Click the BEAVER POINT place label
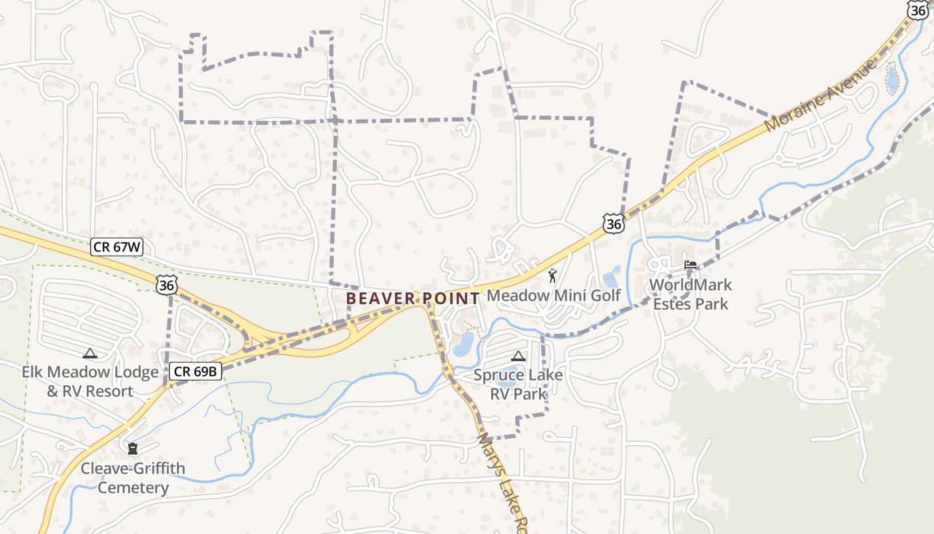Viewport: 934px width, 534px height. click(413, 298)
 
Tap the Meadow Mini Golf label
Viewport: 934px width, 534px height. click(554, 295)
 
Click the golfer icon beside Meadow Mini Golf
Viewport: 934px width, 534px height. click(552, 275)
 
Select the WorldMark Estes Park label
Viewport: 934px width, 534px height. click(690, 294)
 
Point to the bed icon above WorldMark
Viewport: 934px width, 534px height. click(690, 265)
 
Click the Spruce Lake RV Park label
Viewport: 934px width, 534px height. click(518, 384)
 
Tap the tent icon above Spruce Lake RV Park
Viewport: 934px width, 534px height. click(518, 356)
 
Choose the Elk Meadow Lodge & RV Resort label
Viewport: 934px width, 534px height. click(90, 381)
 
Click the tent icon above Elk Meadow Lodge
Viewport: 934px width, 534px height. click(89, 353)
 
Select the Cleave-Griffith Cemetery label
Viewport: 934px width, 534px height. click(133, 477)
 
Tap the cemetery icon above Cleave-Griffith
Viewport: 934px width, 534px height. click(133, 448)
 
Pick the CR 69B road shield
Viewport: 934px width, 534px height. click(194, 371)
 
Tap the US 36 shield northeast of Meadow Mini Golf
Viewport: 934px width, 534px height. click(613, 224)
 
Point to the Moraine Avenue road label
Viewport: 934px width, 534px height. click(821, 95)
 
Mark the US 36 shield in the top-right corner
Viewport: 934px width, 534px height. click(919, 9)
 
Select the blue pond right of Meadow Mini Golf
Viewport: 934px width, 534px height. click(611, 277)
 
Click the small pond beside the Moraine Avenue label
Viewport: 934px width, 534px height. click(891, 79)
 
